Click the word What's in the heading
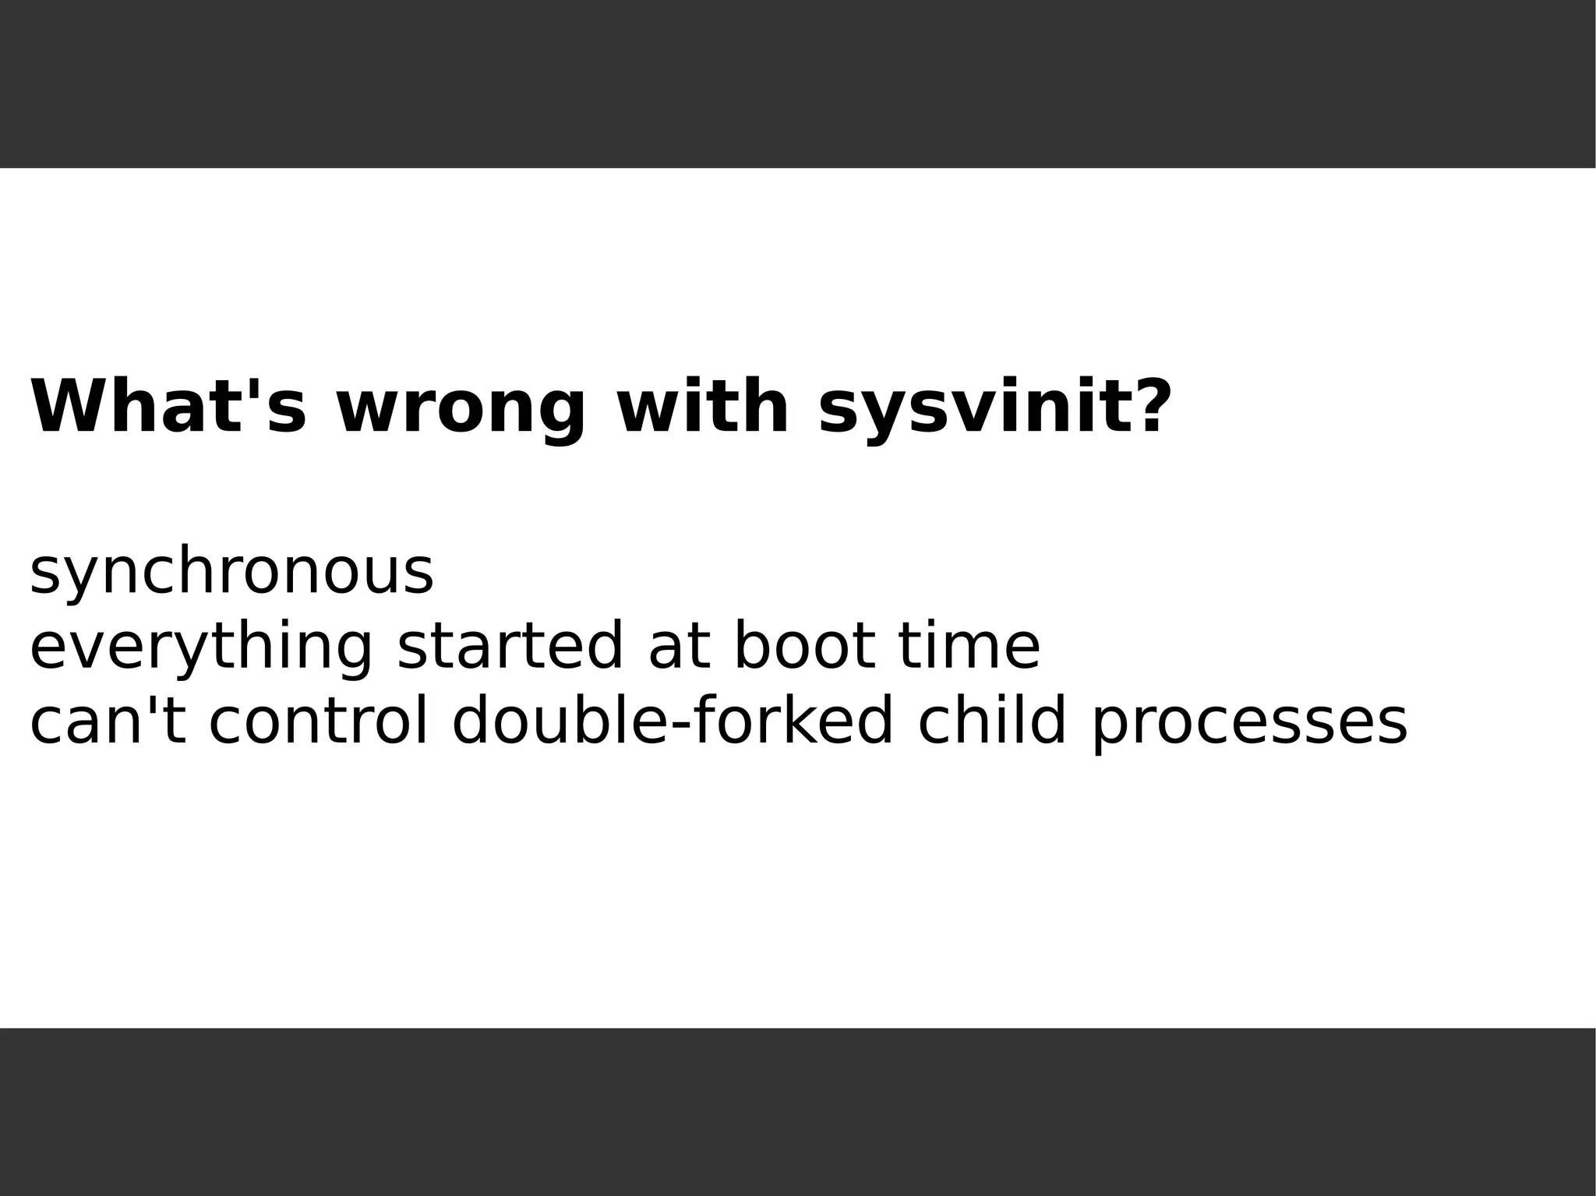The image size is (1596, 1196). (x=168, y=407)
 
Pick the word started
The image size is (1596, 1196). (x=510, y=647)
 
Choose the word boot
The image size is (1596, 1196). (x=804, y=647)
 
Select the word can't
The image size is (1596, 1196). (x=108, y=721)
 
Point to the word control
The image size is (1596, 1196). (x=318, y=721)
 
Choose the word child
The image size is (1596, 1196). (x=991, y=721)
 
